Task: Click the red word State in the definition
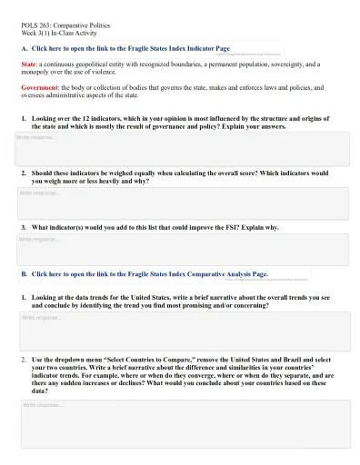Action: point(29,64)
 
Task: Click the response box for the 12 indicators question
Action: point(182,148)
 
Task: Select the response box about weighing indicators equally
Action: point(182,203)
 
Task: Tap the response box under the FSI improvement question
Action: point(182,249)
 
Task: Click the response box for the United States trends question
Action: point(182,331)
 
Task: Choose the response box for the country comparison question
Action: point(182,423)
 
